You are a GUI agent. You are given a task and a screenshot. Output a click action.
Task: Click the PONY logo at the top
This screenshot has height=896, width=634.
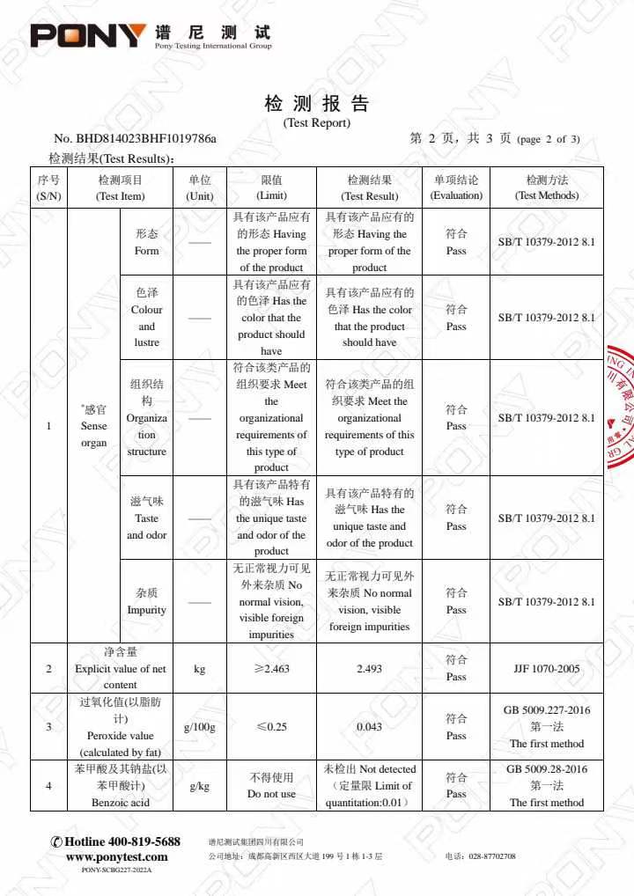point(88,36)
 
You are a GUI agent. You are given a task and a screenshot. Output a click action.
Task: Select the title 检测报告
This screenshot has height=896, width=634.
point(316,104)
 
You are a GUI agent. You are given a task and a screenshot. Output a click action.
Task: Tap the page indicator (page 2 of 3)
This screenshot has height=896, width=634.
point(549,139)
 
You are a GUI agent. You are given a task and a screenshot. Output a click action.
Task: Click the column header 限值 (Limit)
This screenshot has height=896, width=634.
point(271,187)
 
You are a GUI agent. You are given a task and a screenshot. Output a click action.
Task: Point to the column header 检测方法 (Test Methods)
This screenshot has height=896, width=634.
point(547,187)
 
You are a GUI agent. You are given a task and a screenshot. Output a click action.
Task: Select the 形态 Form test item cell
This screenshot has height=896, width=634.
point(147,242)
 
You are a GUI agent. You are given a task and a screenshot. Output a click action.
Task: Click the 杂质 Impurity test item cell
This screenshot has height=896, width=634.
point(147,602)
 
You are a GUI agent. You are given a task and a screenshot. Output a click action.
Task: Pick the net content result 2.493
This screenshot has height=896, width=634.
point(369,669)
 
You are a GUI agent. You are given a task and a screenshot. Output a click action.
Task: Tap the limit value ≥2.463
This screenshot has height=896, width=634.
point(271,669)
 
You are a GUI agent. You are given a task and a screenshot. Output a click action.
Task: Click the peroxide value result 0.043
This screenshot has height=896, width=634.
point(369,727)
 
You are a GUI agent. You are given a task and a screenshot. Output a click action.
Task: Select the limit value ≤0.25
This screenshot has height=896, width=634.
point(271,727)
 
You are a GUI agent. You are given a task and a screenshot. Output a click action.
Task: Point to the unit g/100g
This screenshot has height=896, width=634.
point(200,727)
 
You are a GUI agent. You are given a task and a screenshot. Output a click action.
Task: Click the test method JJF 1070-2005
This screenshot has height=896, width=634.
point(547,669)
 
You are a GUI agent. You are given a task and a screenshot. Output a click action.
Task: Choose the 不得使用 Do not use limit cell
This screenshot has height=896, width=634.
point(271,786)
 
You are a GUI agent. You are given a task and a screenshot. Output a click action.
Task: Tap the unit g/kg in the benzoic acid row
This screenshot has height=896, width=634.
point(200,786)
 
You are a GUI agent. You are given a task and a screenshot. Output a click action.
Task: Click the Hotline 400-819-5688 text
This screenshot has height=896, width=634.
point(116,842)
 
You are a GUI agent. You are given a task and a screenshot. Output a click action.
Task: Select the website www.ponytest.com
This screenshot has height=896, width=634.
point(117,856)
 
